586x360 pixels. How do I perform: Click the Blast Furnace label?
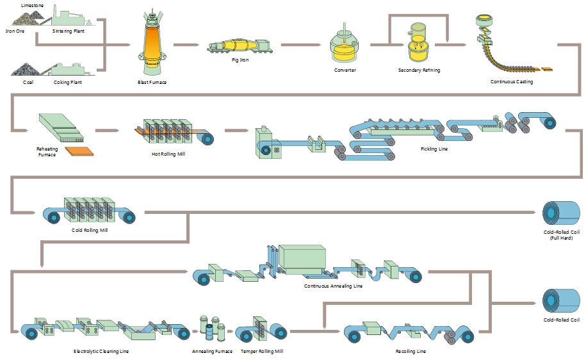click(x=152, y=82)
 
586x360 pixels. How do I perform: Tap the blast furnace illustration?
click(x=152, y=45)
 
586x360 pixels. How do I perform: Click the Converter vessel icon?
click(x=345, y=45)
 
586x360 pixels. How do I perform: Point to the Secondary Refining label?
click(x=419, y=70)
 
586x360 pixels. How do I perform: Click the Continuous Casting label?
click(x=511, y=81)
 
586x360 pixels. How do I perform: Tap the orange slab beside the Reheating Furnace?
click(x=82, y=151)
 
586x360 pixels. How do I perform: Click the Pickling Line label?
click(x=434, y=149)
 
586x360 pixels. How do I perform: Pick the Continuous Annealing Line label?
click(x=333, y=286)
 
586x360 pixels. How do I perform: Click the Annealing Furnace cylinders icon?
click(x=211, y=327)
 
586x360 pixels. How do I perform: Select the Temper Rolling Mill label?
click(x=262, y=351)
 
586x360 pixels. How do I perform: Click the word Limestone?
click(x=32, y=5)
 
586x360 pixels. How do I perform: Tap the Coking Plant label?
click(x=69, y=82)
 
